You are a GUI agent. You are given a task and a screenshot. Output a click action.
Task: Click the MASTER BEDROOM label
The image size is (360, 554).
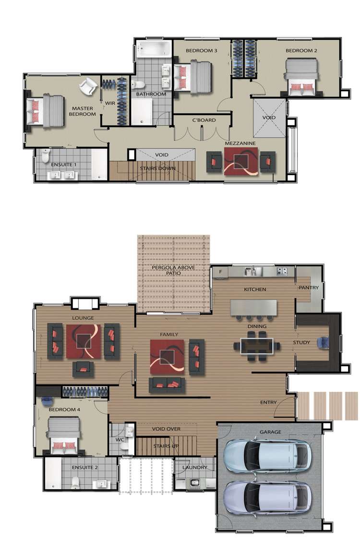point(83,111)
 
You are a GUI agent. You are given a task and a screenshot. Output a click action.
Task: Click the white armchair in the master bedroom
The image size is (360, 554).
point(88,87)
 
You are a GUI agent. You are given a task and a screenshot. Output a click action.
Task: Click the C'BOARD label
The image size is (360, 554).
point(204,120)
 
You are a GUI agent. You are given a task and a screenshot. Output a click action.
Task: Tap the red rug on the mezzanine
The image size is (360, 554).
point(240,161)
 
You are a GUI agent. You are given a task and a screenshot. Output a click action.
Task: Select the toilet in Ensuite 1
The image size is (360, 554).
point(46,155)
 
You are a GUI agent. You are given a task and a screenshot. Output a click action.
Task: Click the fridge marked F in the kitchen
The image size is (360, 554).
point(220,272)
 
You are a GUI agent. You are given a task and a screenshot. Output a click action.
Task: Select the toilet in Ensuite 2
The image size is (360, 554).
point(75,482)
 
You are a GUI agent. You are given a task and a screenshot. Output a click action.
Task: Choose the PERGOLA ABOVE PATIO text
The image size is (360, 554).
point(173,270)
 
